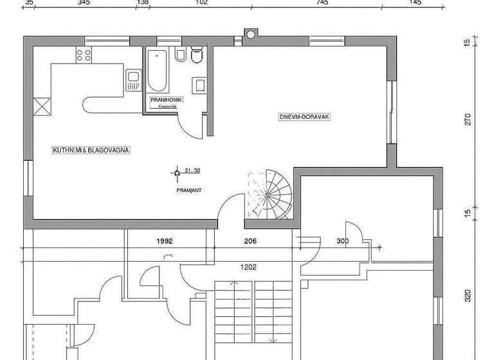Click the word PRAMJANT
click(188, 191)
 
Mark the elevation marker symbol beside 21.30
click(176, 172)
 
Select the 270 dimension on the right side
click(468, 120)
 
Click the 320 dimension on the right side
click(468, 295)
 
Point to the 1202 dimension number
click(249, 267)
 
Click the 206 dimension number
click(251, 241)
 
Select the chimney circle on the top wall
click(250, 33)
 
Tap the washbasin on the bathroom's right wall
click(199, 84)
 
